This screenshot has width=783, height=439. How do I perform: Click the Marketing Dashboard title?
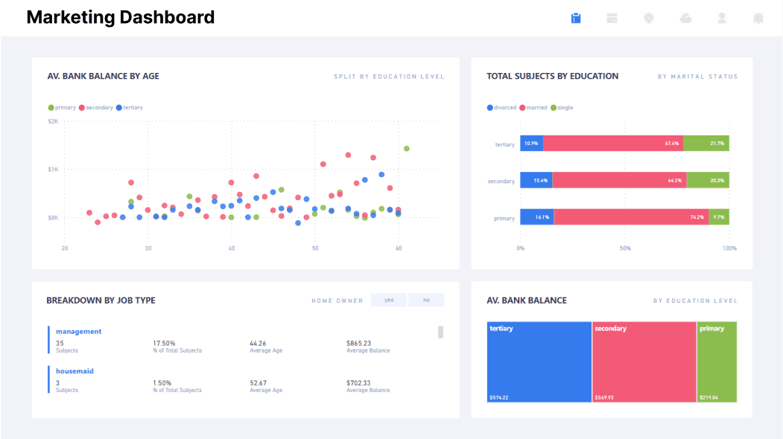click(x=120, y=17)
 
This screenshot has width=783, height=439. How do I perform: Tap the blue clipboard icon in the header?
click(x=576, y=18)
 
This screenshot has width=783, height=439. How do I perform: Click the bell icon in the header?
click(x=758, y=18)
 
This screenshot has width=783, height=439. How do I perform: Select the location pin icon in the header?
click(x=649, y=18)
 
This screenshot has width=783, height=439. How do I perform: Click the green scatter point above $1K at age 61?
click(x=407, y=149)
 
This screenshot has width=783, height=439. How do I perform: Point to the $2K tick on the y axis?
click(x=53, y=121)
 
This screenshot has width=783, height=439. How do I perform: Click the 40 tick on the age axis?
click(x=232, y=248)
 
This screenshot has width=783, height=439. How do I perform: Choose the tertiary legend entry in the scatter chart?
click(x=130, y=108)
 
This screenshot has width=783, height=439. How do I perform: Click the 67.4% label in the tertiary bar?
click(x=672, y=144)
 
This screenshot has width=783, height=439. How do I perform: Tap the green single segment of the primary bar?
click(x=719, y=217)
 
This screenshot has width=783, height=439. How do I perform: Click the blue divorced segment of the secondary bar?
click(x=536, y=180)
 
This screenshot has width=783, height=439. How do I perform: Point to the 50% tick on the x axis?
click(x=625, y=248)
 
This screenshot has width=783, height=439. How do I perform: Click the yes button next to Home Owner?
click(x=389, y=300)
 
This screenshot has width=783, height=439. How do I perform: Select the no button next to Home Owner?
click(x=426, y=300)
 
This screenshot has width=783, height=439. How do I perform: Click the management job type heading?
click(x=78, y=331)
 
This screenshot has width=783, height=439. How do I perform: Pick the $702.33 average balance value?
click(x=358, y=382)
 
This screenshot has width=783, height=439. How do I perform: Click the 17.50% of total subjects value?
click(x=164, y=343)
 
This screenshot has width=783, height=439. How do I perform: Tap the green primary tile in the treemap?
click(x=717, y=362)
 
